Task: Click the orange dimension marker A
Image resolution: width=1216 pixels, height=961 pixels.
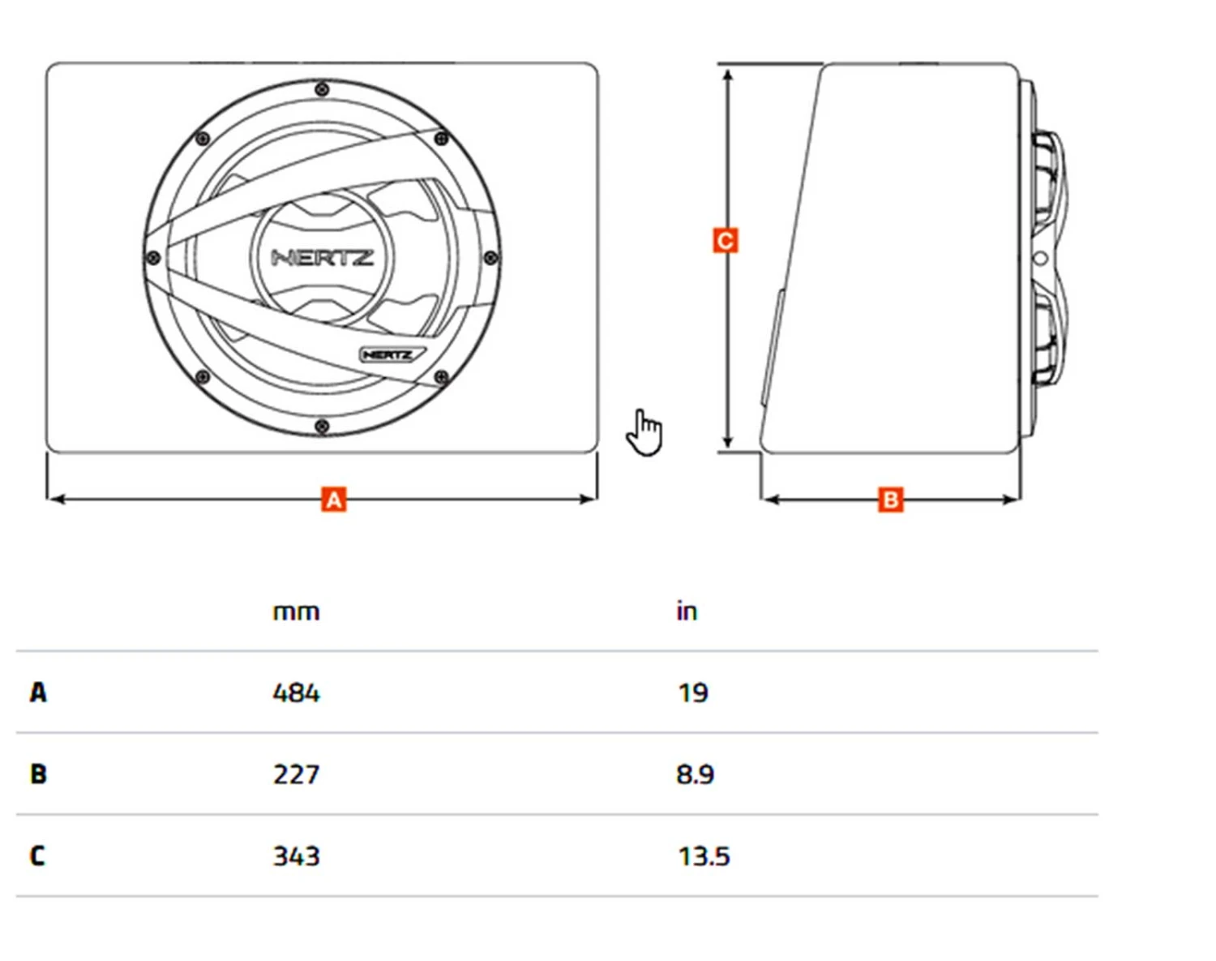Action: (333, 500)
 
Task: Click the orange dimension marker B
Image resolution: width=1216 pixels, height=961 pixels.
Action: (890, 500)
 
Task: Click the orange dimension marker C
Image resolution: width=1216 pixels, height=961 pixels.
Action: (726, 241)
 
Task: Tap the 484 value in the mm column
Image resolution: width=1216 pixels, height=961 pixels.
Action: (296, 693)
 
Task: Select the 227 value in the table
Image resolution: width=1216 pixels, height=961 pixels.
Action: (296, 774)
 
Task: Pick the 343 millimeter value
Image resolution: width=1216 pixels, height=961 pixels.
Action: (296, 856)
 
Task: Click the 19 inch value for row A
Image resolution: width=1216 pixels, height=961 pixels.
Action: (692, 693)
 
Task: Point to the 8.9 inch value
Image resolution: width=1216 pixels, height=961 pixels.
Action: (695, 774)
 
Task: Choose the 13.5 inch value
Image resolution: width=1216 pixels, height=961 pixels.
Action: (704, 856)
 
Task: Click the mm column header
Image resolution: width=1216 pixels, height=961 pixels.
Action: (296, 611)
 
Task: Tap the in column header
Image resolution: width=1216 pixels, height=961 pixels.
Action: (687, 611)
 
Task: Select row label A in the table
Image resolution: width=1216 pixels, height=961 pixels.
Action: (38, 693)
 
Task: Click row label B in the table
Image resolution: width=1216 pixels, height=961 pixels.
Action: (38, 774)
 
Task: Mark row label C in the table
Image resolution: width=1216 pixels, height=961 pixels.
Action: (38, 856)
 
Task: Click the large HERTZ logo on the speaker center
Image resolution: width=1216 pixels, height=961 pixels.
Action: (322, 258)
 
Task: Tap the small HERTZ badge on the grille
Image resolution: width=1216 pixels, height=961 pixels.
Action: (390, 355)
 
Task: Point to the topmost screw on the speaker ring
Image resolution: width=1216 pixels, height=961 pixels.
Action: (322, 88)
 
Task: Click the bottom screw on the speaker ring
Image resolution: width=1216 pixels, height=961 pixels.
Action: (322, 427)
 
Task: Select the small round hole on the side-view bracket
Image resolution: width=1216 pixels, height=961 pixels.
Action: (1042, 259)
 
